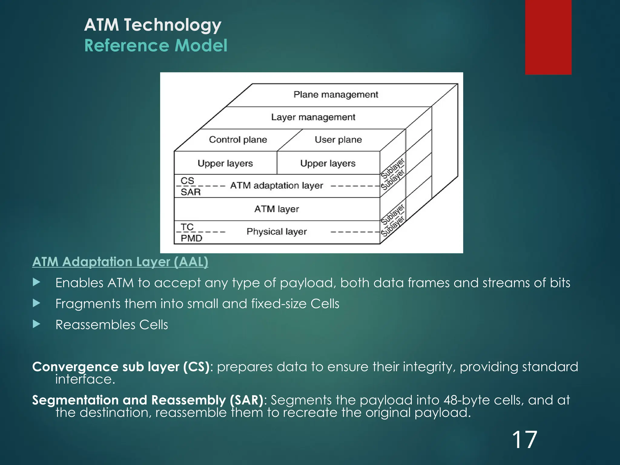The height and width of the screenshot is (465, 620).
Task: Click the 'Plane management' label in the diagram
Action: click(x=335, y=94)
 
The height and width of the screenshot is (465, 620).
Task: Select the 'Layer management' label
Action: click(x=313, y=117)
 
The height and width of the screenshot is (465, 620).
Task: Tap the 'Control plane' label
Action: click(x=238, y=140)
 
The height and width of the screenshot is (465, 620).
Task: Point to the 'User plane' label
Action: click(x=338, y=140)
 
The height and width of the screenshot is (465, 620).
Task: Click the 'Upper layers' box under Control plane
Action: click(x=225, y=163)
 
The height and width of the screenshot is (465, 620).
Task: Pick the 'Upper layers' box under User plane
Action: click(x=328, y=163)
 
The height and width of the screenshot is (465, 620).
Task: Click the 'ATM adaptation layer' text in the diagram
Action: click(x=276, y=185)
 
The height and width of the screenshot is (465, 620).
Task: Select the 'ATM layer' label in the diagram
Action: click(x=276, y=209)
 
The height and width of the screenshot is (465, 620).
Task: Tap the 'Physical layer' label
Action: click(x=276, y=232)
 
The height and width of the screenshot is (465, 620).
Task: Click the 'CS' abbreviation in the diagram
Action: click(x=187, y=180)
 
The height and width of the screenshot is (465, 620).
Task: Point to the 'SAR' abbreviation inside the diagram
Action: click(x=190, y=192)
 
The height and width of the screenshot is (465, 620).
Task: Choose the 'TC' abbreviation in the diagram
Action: click(x=187, y=227)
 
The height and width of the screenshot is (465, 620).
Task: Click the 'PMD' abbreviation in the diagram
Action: click(x=191, y=238)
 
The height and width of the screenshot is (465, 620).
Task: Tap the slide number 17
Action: click(x=524, y=440)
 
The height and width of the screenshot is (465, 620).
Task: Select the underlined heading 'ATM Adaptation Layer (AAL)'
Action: click(x=120, y=262)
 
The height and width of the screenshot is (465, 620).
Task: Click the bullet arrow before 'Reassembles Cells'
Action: click(x=36, y=324)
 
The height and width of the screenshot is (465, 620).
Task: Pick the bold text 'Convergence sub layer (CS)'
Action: click(x=121, y=367)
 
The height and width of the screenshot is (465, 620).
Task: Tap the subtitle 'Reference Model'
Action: click(x=156, y=45)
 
